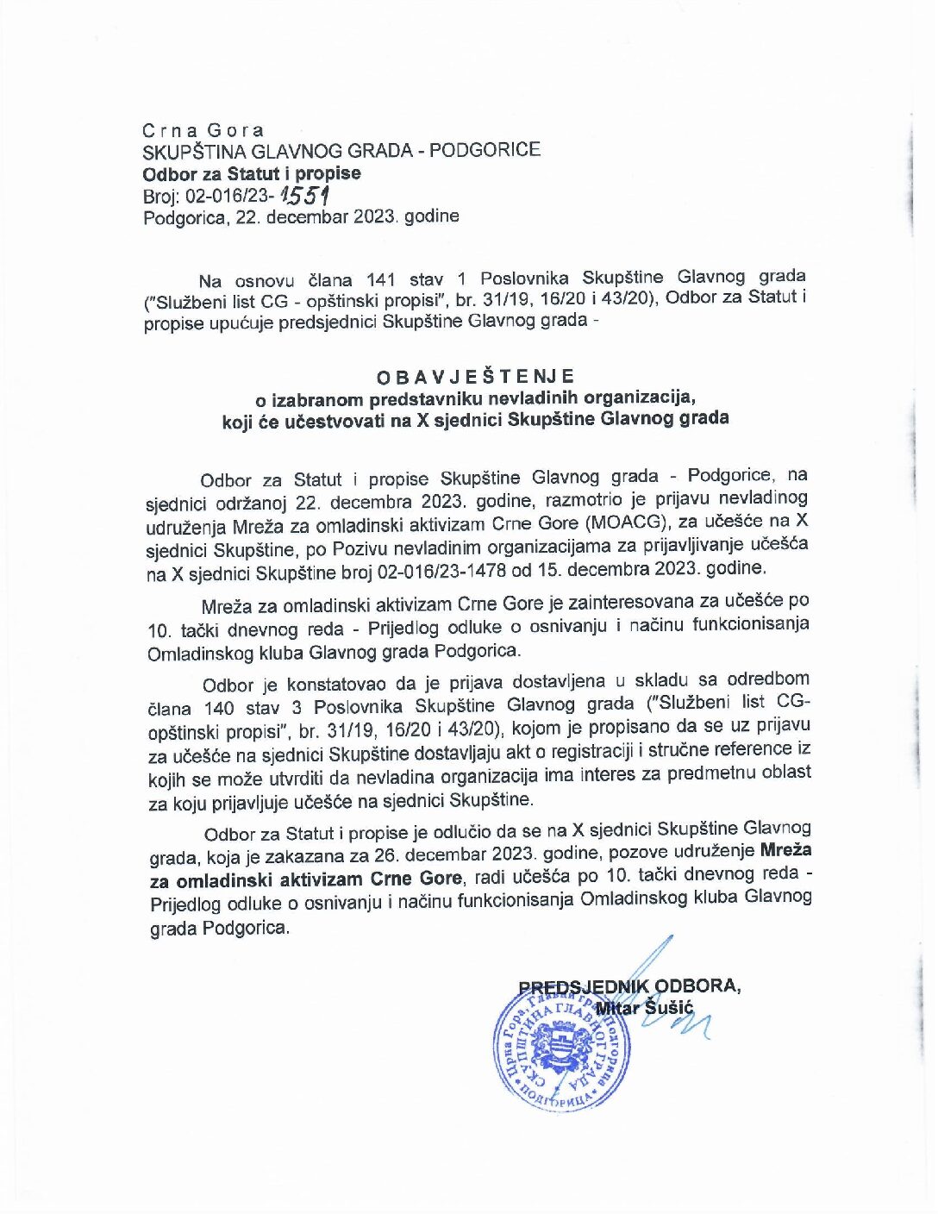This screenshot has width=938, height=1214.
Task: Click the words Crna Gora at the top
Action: click(x=203, y=130)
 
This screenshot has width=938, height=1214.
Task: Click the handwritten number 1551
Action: click(x=307, y=195)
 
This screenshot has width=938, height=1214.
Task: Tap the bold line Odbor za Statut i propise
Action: click(x=252, y=172)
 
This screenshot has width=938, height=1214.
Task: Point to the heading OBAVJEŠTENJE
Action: click(x=475, y=376)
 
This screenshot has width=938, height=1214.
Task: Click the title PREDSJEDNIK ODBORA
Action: click(x=629, y=986)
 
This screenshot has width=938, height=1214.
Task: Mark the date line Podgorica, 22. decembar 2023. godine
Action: click(x=301, y=216)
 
